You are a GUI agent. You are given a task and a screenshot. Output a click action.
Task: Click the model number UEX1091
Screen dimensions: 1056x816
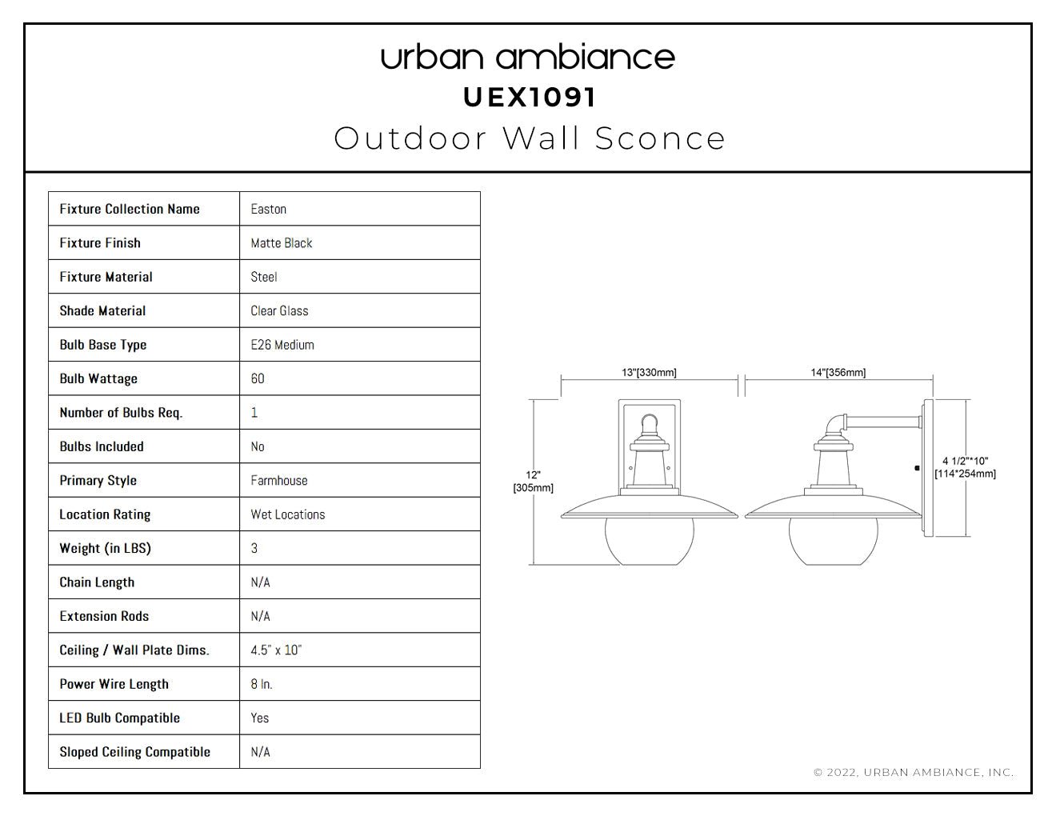point(530,98)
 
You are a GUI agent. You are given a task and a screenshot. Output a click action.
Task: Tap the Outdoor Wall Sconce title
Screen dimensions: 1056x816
point(530,138)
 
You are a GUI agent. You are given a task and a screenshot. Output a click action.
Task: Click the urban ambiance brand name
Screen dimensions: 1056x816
point(528,58)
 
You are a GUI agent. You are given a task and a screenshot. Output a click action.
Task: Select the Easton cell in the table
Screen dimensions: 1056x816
point(268,209)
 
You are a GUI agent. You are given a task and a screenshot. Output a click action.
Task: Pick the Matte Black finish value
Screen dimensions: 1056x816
point(282,243)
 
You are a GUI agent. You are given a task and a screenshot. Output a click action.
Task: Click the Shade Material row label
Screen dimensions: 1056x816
point(102,311)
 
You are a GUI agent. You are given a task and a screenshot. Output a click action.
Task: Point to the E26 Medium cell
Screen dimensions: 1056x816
point(282,345)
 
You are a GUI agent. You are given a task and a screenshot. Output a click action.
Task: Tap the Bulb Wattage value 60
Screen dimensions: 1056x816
point(258,378)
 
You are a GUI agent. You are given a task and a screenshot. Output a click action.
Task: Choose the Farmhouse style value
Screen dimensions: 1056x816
point(279,481)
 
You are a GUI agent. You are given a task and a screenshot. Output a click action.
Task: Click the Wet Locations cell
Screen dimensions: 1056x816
point(288,514)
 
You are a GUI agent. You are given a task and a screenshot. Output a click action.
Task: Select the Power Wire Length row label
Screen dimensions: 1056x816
point(114,684)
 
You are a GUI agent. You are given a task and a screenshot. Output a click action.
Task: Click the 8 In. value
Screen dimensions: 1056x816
point(262,684)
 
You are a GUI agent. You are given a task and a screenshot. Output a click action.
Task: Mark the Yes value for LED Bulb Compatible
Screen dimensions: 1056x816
point(259,718)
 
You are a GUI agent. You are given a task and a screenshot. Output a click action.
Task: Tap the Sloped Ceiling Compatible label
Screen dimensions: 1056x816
point(135,752)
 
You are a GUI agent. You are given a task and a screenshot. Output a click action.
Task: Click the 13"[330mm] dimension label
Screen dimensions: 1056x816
point(649,372)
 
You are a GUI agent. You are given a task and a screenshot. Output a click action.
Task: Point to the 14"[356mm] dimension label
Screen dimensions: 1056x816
point(838,372)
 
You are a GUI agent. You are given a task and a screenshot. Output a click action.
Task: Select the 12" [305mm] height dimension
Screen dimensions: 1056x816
point(533,481)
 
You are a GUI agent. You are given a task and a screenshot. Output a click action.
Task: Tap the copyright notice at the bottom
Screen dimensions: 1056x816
point(914,773)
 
